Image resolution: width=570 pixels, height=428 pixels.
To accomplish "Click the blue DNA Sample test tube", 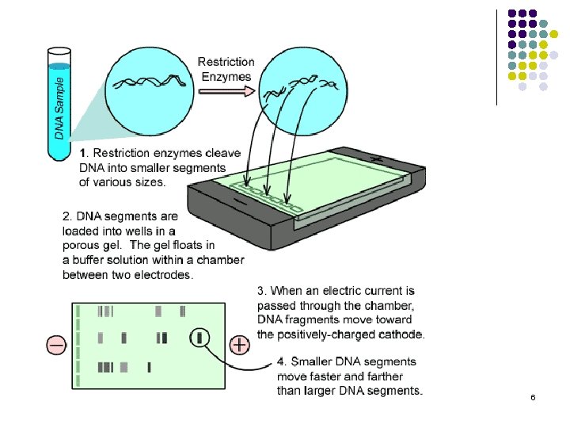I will pyautogui.click(x=60, y=103).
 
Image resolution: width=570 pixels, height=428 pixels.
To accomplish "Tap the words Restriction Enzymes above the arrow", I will pyautogui.click(x=226, y=69).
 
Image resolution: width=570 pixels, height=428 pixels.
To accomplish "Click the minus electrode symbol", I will pyautogui.click(x=56, y=345).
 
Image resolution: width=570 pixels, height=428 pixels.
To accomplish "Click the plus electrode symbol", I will pyautogui.click(x=240, y=345).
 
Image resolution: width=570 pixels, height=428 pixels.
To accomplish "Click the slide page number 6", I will pyautogui.click(x=533, y=396).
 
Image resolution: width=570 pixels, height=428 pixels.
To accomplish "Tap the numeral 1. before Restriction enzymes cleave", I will pyautogui.click(x=85, y=152).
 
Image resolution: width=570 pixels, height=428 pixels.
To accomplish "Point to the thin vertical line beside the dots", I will pyautogui.click(x=496, y=55).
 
